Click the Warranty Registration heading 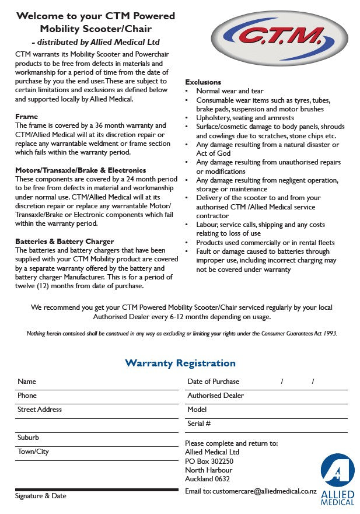pyautogui.click(x=180, y=363)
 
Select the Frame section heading pyautogui.click(x=26, y=117)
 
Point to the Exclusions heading pyautogui.click(x=203, y=82)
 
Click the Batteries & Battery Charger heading pyautogui.click(x=64, y=242)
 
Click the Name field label pyautogui.click(x=27, y=382)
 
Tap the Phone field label pyautogui.click(x=27, y=396)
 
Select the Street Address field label pyautogui.click(x=40, y=410)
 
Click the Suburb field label pyautogui.click(x=28, y=438)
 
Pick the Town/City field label pyautogui.click(x=33, y=452)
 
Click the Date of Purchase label pyautogui.click(x=213, y=382)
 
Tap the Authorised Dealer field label pyautogui.click(x=215, y=396)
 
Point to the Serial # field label pyautogui.click(x=199, y=424)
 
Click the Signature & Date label pyautogui.click(x=40, y=496)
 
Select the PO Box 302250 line pyautogui.click(x=209, y=461)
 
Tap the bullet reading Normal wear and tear pyautogui.click(x=229, y=91)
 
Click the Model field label pyautogui.click(x=197, y=410)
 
